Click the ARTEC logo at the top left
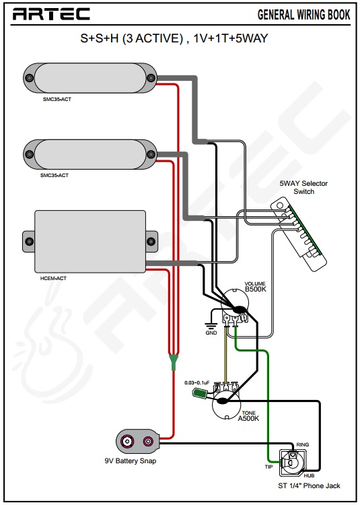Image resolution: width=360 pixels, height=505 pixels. tap(51, 14)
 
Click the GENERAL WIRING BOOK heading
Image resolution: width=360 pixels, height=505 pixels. tap(303, 15)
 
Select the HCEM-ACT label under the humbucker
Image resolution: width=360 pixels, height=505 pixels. tap(53, 278)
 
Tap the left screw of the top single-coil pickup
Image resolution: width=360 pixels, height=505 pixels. tap(30, 78)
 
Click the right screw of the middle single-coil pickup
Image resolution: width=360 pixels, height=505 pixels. tap(151, 154)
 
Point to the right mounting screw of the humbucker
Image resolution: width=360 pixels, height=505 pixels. tap(151, 241)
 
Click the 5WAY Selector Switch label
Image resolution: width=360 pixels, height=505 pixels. tap(303, 187)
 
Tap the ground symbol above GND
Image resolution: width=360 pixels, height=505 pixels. tap(211, 325)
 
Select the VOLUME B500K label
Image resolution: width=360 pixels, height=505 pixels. tap(256, 287)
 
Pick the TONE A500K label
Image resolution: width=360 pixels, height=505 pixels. tap(248, 416)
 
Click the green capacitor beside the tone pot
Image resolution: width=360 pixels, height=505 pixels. tap(199, 393)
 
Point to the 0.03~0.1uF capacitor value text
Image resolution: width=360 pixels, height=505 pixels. tap(197, 382)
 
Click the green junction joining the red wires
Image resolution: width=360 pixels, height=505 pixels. tap(174, 362)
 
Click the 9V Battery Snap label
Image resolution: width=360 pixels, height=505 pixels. tap(131, 461)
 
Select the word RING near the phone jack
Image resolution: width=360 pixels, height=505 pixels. tap(302, 445)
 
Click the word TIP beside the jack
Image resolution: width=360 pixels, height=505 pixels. tap(268, 467)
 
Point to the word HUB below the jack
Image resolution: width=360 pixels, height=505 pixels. tap(309, 475)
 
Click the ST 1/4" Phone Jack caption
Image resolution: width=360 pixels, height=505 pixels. tap(309, 485)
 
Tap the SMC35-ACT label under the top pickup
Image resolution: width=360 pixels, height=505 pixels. tap(57, 99)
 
